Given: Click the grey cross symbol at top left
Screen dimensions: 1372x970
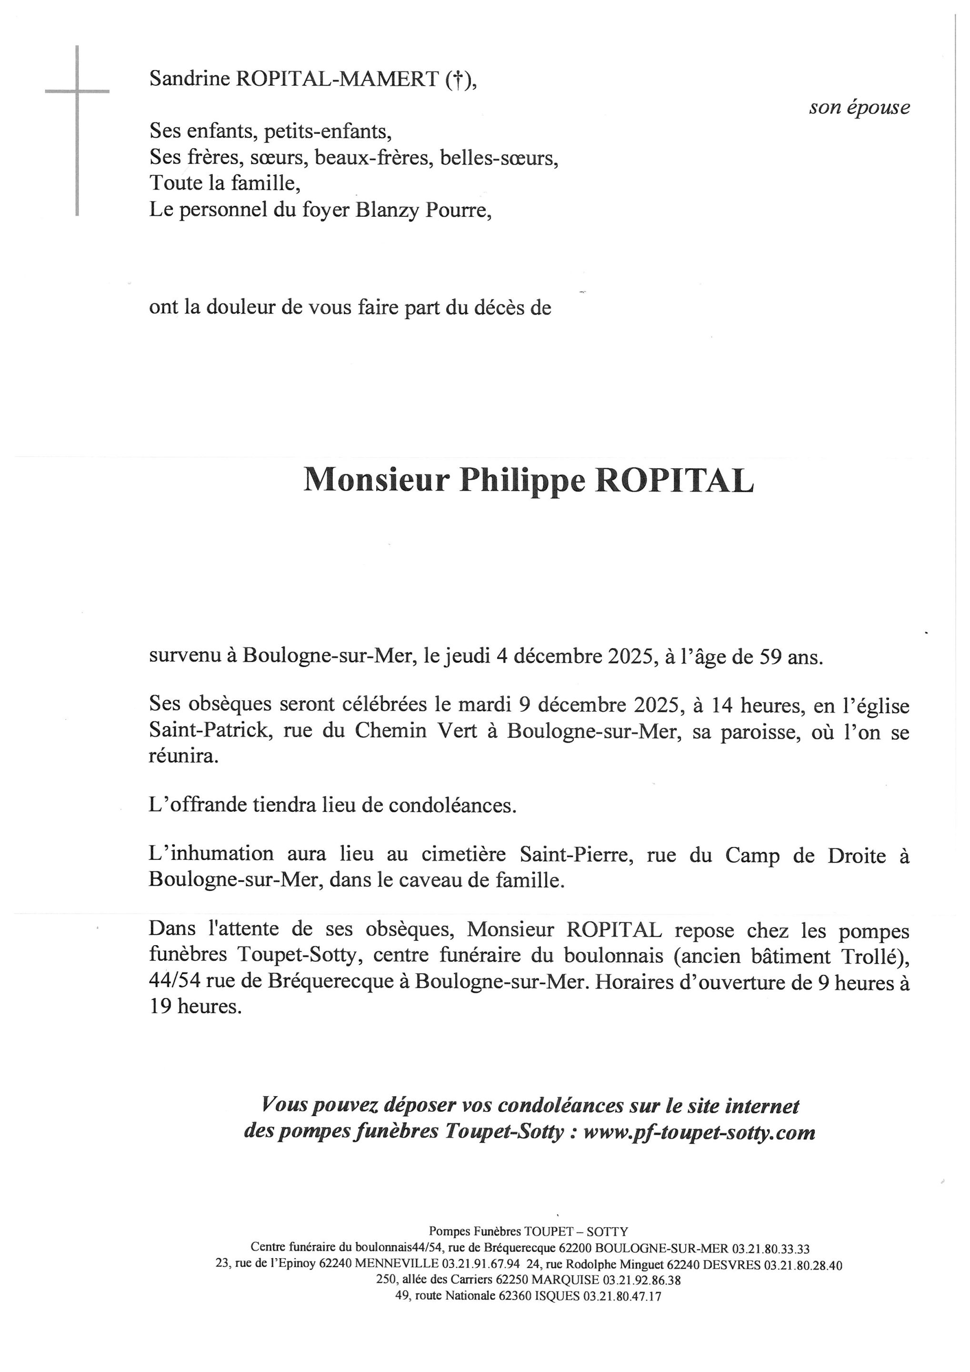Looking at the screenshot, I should [x=77, y=92].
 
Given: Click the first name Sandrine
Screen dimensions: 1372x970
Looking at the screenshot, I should [x=190, y=79].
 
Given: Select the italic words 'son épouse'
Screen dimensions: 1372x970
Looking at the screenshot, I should [x=859, y=108].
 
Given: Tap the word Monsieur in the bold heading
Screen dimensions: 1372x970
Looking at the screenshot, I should [x=376, y=480].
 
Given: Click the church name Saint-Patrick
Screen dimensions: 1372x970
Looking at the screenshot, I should [x=208, y=731].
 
